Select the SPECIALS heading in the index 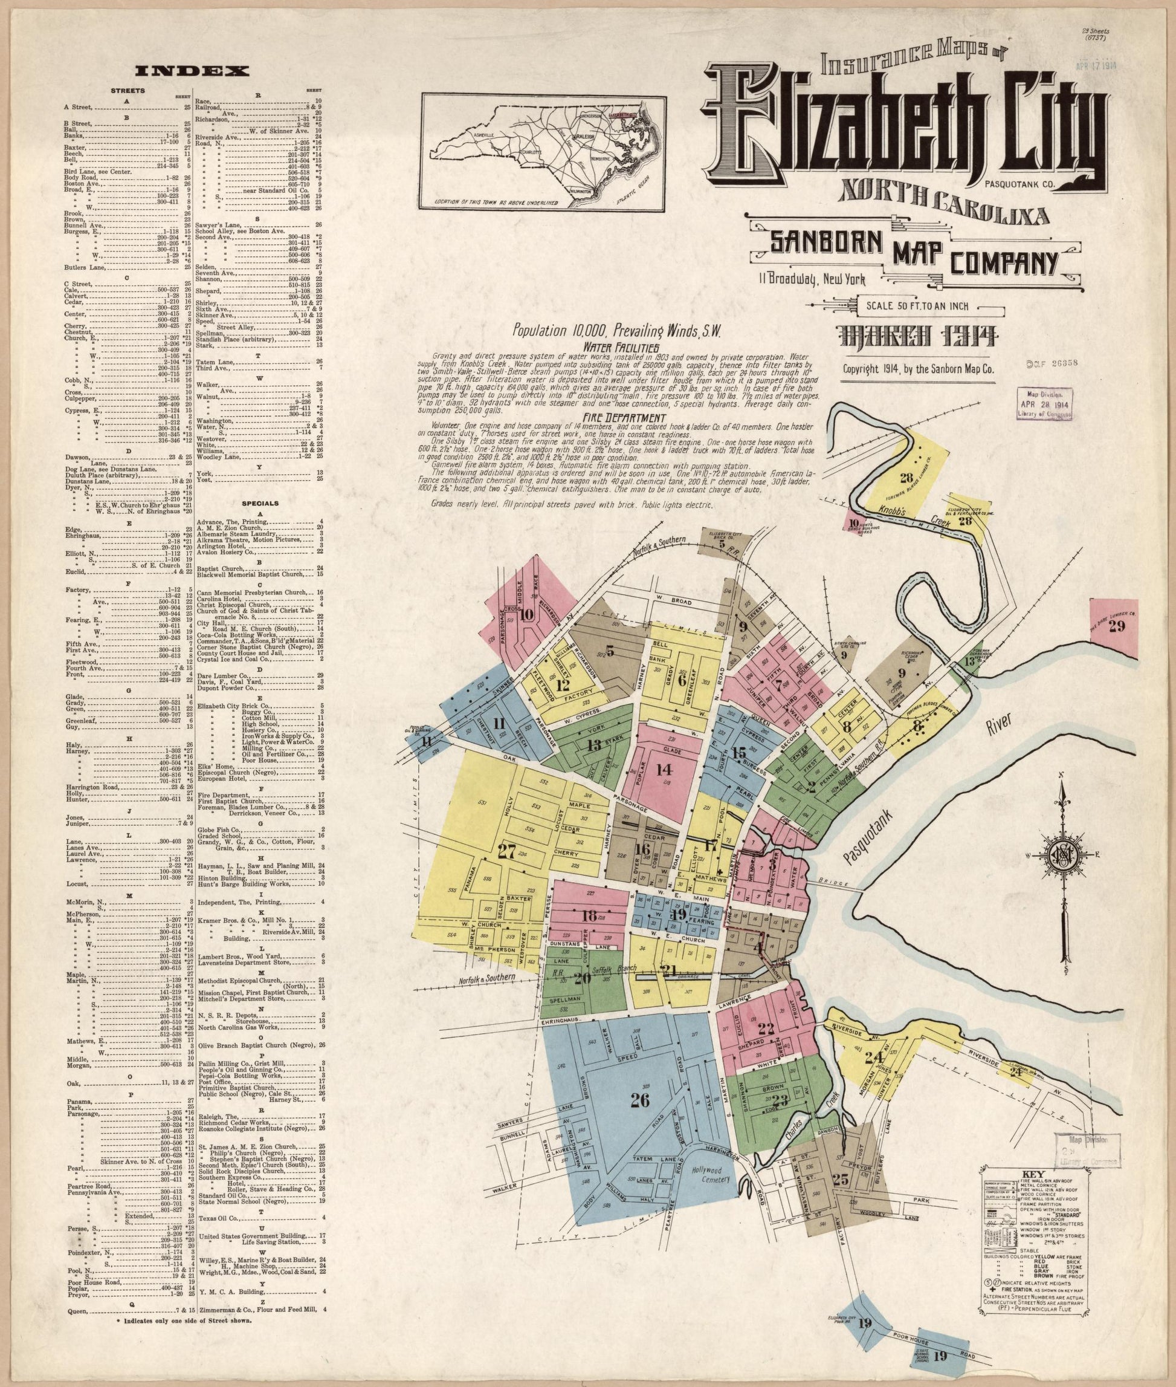tap(260, 504)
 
